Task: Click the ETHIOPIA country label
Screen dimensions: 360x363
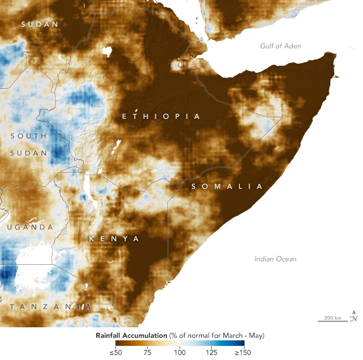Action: [161, 116]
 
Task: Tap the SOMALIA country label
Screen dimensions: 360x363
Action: [227, 186]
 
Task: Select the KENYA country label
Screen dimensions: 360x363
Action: [114, 239]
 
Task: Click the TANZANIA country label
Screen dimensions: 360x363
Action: [48, 307]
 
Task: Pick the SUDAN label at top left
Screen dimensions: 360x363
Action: [39, 24]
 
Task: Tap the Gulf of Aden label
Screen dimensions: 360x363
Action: [280, 46]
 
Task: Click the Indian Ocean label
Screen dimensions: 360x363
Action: [275, 259]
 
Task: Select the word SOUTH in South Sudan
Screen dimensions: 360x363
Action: [28, 136]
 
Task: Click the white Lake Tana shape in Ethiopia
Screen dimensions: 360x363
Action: [106, 50]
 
